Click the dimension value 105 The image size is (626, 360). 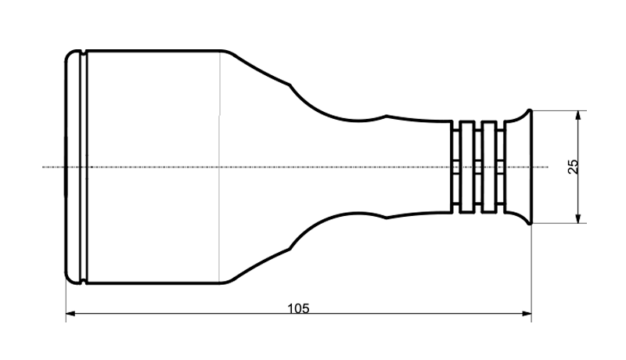tap(298, 308)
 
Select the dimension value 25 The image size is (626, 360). tap(573, 167)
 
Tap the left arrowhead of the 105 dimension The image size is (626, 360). tap(70, 314)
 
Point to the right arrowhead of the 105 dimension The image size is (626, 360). tap(527, 314)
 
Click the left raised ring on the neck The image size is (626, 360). tap(466, 167)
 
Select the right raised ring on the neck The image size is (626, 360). tap(488, 167)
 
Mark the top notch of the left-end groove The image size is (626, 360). tap(84, 52)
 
